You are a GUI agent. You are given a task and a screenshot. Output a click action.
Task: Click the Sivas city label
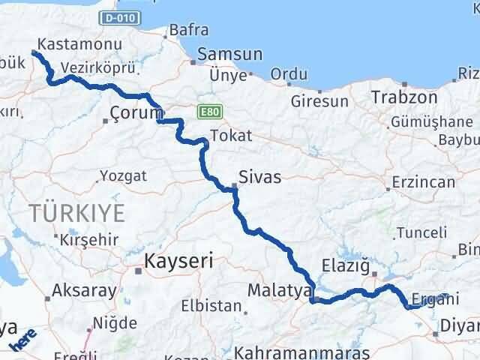click(x=259, y=178)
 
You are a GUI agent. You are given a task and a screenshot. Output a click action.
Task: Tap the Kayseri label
click(x=178, y=262)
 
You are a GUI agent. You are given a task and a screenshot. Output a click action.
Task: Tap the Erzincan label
click(x=423, y=182)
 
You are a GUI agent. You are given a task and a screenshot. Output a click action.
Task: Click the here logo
click(x=22, y=338)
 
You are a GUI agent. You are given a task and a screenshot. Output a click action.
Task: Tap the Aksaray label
click(x=85, y=291)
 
